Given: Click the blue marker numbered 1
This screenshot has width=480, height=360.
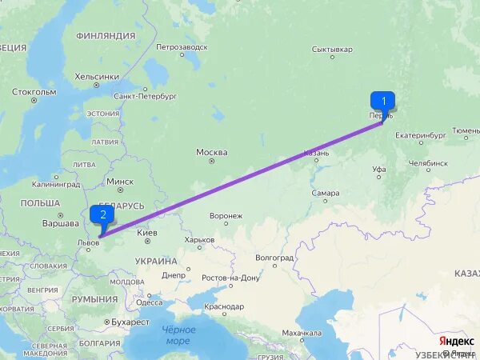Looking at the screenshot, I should coord(383,102).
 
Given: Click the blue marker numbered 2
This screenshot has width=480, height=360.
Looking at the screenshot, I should coord(102,214).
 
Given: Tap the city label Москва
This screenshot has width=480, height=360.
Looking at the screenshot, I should coord(212,152).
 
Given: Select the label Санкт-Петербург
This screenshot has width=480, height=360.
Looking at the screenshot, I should coord(145,96).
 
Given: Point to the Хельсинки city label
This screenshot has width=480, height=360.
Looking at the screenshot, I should coord(97,77).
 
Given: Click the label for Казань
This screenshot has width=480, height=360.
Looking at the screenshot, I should coord(316,153).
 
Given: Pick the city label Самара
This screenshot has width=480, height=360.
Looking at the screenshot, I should coord(326,193).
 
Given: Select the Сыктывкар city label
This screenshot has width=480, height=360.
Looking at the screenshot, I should coord(332,50).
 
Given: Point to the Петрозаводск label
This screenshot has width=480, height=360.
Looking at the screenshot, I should coord(182,47).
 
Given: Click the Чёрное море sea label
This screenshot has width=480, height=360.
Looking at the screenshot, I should coord(178,335).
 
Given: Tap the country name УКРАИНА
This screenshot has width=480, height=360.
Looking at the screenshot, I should coord(156,261).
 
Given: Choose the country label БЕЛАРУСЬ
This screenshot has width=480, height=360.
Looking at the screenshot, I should coord(122,206).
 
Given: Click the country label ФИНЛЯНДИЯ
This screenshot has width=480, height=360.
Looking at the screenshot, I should coord(106,36).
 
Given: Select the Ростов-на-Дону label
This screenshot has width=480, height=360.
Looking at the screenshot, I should coord(231,278).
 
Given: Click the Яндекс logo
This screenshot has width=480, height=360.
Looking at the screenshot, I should coord(456,341).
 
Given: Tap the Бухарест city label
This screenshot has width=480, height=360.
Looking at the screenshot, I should coord(130,322).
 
